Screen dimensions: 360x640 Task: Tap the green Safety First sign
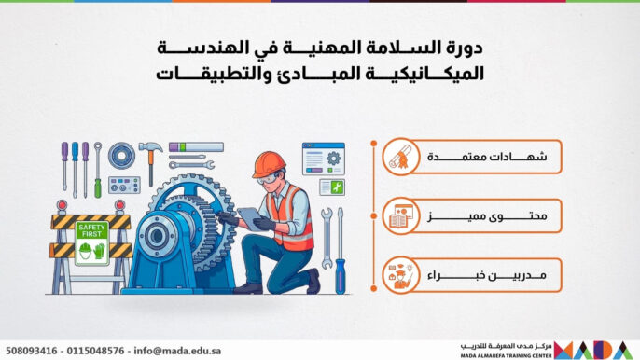(91, 242)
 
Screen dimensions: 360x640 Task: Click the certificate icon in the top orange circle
(400, 159)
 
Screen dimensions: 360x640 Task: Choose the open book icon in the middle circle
(400, 216)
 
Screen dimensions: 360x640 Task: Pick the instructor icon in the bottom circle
(400, 274)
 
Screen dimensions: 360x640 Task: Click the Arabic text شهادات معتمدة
(492, 159)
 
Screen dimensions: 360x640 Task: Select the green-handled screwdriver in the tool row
(97, 169)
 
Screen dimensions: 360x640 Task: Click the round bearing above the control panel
(120, 154)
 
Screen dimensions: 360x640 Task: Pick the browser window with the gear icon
(323, 158)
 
